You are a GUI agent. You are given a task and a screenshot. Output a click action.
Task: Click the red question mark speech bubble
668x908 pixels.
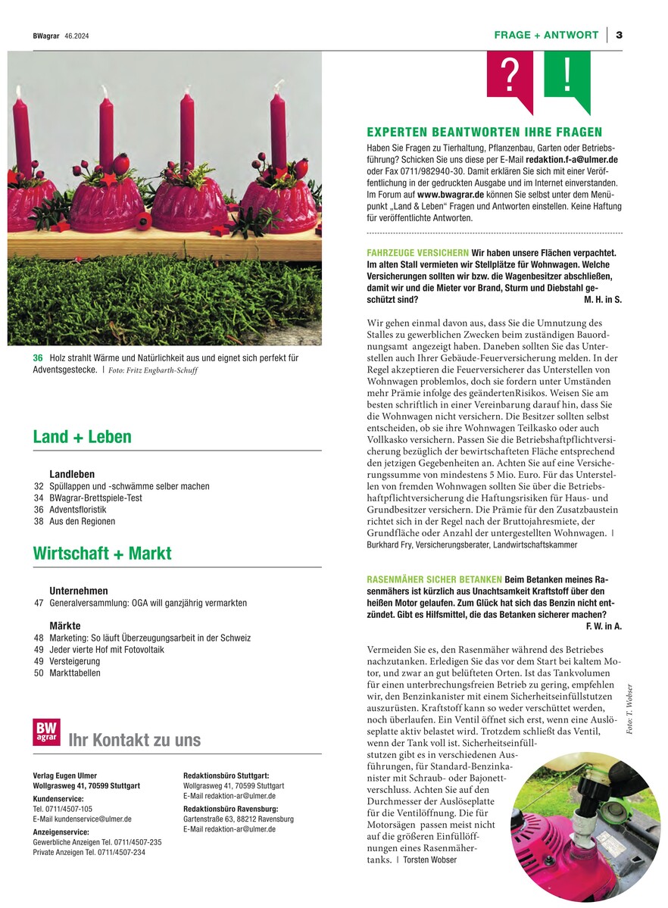coord(510,76)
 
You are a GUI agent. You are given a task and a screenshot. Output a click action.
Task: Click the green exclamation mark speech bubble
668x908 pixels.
coord(567,76)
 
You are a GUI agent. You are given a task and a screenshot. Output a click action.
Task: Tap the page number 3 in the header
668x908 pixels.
coord(619,35)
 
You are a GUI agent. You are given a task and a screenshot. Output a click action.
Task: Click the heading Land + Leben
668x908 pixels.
coord(82,437)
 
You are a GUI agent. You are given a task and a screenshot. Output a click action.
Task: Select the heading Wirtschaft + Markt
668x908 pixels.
coord(102,554)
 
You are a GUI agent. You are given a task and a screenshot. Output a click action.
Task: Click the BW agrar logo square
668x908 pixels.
coord(46,733)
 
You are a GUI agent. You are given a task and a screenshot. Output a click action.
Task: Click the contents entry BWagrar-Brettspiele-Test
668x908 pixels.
coord(95,498)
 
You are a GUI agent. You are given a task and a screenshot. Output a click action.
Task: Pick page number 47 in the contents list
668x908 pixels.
coord(38,603)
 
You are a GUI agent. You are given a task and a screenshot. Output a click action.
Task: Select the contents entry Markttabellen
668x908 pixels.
coord(75,672)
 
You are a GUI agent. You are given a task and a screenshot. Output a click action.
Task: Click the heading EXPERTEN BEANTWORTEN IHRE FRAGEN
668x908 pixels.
coord(484,132)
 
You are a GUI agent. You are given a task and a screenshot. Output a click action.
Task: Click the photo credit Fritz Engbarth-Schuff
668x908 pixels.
coord(165,370)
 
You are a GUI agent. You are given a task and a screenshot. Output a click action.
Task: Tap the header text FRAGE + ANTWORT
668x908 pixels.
coord(546,35)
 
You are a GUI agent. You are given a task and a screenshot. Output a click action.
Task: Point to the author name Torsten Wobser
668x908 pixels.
coord(429,860)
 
